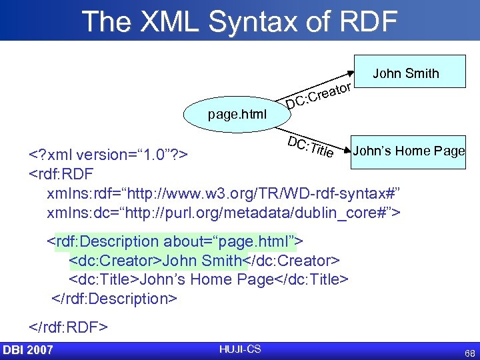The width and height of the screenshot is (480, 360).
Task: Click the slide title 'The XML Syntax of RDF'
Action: coord(240,21)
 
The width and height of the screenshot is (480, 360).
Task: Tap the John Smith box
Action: coord(405,73)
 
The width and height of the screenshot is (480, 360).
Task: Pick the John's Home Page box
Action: coord(408,151)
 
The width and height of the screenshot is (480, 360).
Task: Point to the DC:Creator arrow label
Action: coord(319,95)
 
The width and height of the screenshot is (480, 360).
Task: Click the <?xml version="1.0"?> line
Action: coord(110,156)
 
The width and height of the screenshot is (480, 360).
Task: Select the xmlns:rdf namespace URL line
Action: coord(223,194)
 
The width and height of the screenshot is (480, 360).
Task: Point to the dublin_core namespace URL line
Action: coord(223,213)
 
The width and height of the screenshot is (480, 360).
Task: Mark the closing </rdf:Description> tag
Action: coord(114,298)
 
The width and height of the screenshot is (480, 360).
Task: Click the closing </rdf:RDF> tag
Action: coord(68,327)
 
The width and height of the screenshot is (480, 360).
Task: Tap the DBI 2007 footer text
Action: coord(27,350)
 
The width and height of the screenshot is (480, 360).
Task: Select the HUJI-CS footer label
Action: coord(239,349)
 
